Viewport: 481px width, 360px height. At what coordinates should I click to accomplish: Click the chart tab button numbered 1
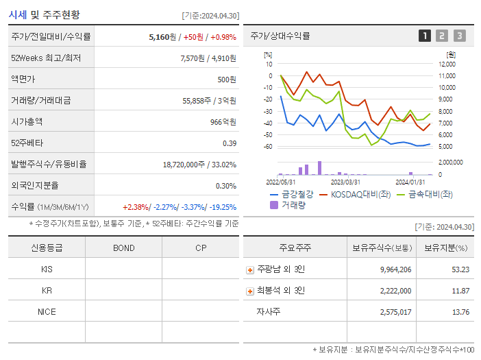tap(425, 36)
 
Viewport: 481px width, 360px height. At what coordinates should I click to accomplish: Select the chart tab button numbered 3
tap(459, 36)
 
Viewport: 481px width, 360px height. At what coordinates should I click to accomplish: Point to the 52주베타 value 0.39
tap(230, 143)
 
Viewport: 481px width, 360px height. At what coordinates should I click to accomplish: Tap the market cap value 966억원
tap(223, 121)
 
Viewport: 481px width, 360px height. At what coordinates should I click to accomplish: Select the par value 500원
tap(227, 79)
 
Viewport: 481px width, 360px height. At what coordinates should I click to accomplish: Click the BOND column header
tap(123, 248)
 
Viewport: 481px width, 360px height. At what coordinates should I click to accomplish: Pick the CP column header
tap(201, 248)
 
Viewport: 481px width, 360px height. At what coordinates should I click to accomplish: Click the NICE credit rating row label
tap(47, 311)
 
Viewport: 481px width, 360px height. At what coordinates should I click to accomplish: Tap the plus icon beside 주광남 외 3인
tap(250, 269)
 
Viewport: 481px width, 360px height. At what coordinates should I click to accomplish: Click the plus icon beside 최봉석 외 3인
tap(250, 291)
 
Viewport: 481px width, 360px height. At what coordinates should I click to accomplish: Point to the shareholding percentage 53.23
tap(460, 269)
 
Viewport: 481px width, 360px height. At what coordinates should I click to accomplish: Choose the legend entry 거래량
tap(291, 204)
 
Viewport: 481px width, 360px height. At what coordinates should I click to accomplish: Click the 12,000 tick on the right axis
tap(446, 64)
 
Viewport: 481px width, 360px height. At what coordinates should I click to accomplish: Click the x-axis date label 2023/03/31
tap(345, 182)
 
